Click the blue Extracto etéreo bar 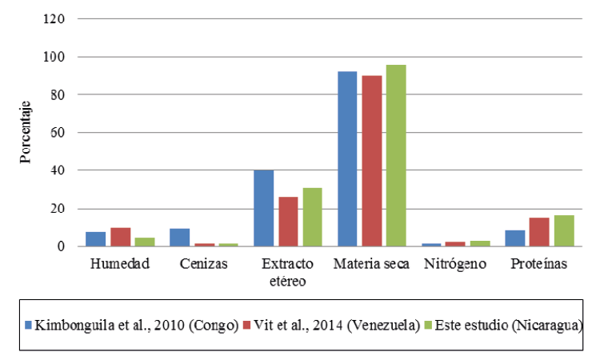tap(264, 208)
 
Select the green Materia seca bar tap(396, 156)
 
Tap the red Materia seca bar tap(371, 161)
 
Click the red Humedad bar tap(120, 238)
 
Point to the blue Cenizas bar tap(179, 238)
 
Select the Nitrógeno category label tap(456, 264)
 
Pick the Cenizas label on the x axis tap(203, 264)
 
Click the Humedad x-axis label tap(120, 264)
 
